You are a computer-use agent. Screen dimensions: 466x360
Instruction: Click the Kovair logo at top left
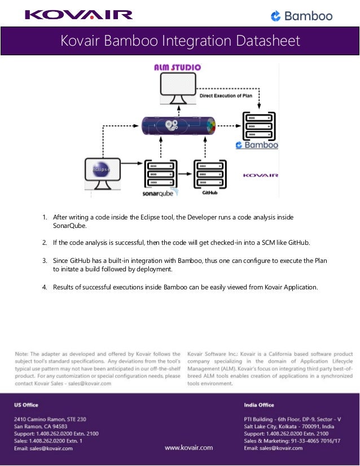click(x=78, y=15)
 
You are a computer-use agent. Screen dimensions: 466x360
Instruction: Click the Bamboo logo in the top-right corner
click(x=301, y=16)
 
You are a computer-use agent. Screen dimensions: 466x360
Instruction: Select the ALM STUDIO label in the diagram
click(x=178, y=68)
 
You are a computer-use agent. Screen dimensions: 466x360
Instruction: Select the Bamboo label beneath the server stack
click(x=257, y=145)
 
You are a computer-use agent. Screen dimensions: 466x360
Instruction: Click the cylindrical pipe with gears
click(x=178, y=125)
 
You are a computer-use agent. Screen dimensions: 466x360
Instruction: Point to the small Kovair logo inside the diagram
click(x=261, y=175)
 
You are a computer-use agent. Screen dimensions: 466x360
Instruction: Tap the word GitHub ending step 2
click(x=299, y=243)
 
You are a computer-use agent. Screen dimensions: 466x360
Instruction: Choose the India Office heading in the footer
click(x=259, y=405)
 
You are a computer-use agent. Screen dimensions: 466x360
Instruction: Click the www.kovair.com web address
click(x=188, y=447)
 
